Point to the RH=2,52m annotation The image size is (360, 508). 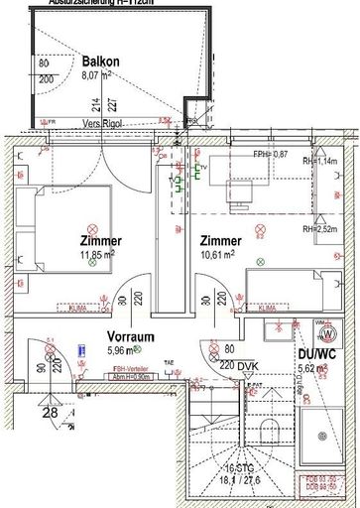[x=323, y=228]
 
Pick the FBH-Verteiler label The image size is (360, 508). [x=96, y=368]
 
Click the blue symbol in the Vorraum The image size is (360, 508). [x=80, y=349]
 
